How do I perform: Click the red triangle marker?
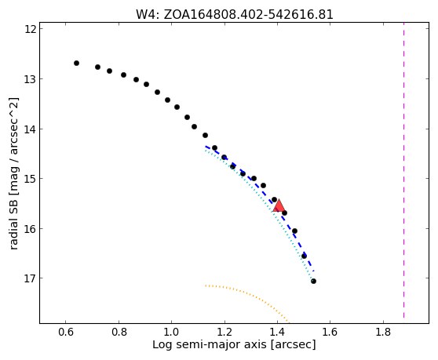tap(279, 206)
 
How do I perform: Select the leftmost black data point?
tap(77, 63)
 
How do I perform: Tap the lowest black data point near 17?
tap(313, 281)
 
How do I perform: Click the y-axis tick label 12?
tap(31, 29)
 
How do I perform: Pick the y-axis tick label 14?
tap(31, 129)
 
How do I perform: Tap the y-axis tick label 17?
tap(31, 278)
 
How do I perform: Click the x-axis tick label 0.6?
tap(66, 332)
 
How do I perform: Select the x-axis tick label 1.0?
tap(171, 332)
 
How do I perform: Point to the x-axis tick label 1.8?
tap(383, 332)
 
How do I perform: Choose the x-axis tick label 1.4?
tap(277, 332)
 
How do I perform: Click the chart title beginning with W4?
tap(235, 15)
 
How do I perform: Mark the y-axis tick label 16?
tap(31, 228)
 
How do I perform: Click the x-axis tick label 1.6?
tap(330, 332)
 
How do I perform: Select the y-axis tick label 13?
tap(31, 79)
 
